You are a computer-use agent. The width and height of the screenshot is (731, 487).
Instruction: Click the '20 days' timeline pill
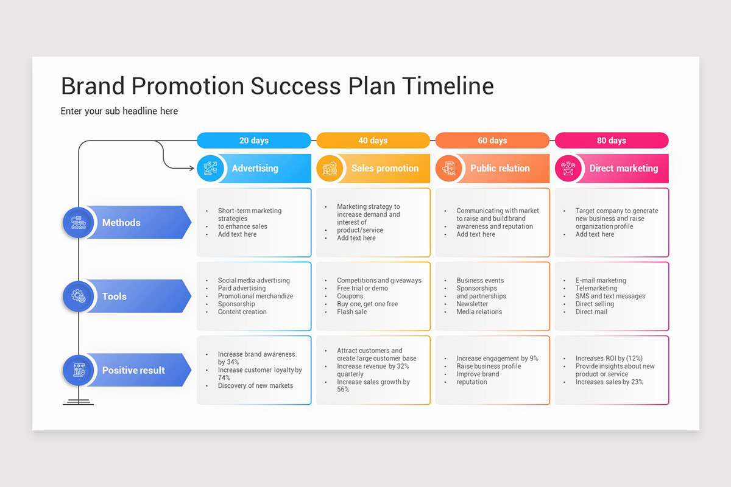(253, 141)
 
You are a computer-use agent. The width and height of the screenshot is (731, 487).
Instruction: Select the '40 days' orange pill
(373, 141)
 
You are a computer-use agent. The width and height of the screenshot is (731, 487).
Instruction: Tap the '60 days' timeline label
(492, 141)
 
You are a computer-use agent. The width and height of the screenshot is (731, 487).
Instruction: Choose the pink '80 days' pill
(612, 141)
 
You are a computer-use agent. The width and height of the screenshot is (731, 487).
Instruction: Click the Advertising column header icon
(211, 169)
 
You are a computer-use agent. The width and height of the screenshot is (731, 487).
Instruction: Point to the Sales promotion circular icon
(330, 169)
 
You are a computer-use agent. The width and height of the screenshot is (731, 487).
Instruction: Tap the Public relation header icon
(450, 169)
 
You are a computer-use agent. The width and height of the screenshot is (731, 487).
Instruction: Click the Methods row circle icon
(78, 223)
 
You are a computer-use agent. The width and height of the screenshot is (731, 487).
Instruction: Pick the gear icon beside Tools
(78, 296)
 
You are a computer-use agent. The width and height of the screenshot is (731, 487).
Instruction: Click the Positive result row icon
(78, 370)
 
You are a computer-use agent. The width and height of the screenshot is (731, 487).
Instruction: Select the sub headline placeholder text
(119, 111)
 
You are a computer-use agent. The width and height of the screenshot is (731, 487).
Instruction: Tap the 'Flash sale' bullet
(352, 312)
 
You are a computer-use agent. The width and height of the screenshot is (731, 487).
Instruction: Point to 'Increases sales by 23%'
(609, 382)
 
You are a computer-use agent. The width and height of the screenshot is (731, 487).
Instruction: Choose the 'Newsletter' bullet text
(472, 304)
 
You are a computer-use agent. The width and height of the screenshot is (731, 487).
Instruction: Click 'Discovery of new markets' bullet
(255, 386)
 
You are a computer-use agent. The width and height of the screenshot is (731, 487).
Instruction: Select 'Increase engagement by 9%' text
(497, 359)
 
